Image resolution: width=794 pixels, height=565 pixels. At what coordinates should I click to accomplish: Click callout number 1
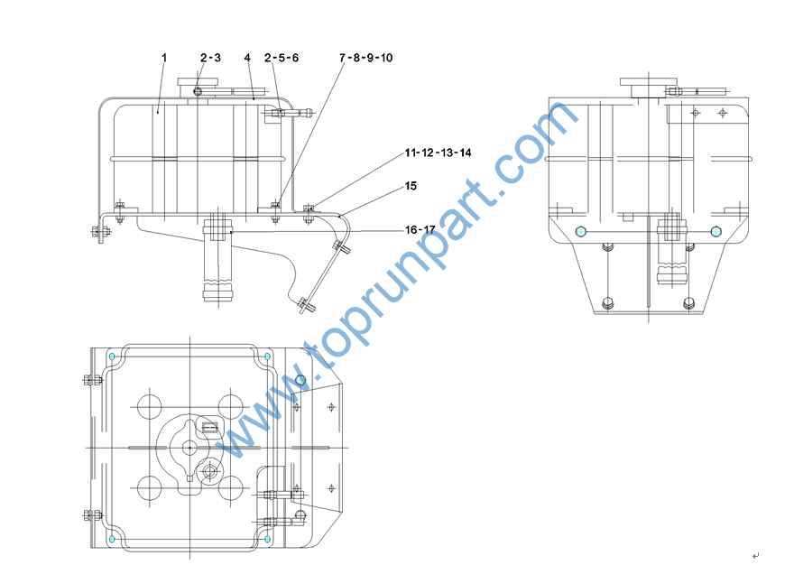pyautogui.click(x=164, y=58)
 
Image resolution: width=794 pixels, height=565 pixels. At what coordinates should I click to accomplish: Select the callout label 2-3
pyautogui.click(x=210, y=58)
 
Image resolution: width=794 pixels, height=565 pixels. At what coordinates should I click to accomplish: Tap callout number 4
pyautogui.click(x=247, y=58)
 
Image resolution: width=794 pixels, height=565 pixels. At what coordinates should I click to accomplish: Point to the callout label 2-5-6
pyautogui.click(x=282, y=58)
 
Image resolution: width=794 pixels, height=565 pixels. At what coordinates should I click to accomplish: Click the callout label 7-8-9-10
pyautogui.click(x=366, y=58)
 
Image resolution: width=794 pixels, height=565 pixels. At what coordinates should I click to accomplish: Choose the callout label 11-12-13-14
pyautogui.click(x=438, y=153)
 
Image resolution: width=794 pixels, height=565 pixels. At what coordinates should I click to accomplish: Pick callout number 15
pyautogui.click(x=411, y=186)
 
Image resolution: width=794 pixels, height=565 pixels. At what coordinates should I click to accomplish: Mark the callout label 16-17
pyautogui.click(x=420, y=230)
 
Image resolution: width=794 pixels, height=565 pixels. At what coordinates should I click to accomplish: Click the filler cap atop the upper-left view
pyautogui.click(x=198, y=81)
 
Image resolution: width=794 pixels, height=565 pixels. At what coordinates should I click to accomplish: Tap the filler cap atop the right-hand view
pyautogui.click(x=649, y=81)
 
